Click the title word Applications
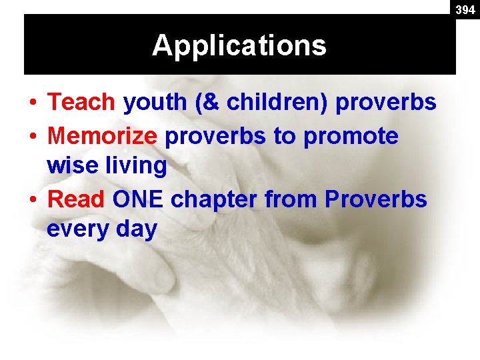coord(239,45)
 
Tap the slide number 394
coord(465,10)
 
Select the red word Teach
coord(82,102)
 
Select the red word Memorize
coord(103,135)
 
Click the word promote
coord(351,137)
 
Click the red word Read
coord(77,199)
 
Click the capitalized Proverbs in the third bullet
coord(375,199)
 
